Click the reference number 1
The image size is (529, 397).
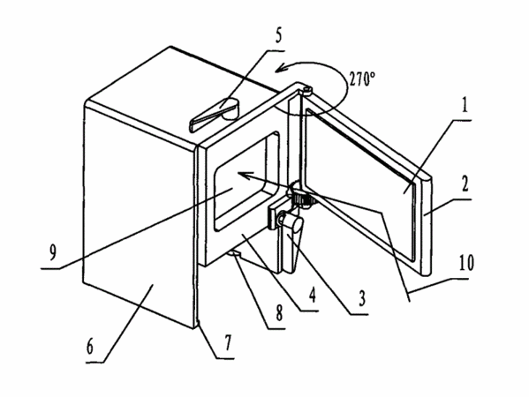click(465, 105)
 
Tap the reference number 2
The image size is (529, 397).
click(465, 184)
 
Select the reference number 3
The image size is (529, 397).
click(362, 298)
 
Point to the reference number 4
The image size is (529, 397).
click(313, 295)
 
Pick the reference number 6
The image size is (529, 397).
click(89, 347)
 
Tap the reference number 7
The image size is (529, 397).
click(229, 343)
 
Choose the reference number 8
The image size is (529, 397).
click(279, 313)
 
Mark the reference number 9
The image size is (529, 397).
click(53, 253)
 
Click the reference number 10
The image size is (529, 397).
click(466, 263)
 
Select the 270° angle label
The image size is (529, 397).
click(362, 79)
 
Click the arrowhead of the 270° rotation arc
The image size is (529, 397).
click(282, 67)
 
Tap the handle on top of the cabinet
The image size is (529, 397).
click(215, 115)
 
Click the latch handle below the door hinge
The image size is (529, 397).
click(291, 243)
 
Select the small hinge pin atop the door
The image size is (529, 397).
click(306, 90)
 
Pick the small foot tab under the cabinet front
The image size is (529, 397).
click(236, 253)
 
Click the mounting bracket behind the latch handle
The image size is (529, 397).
click(279, 213)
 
